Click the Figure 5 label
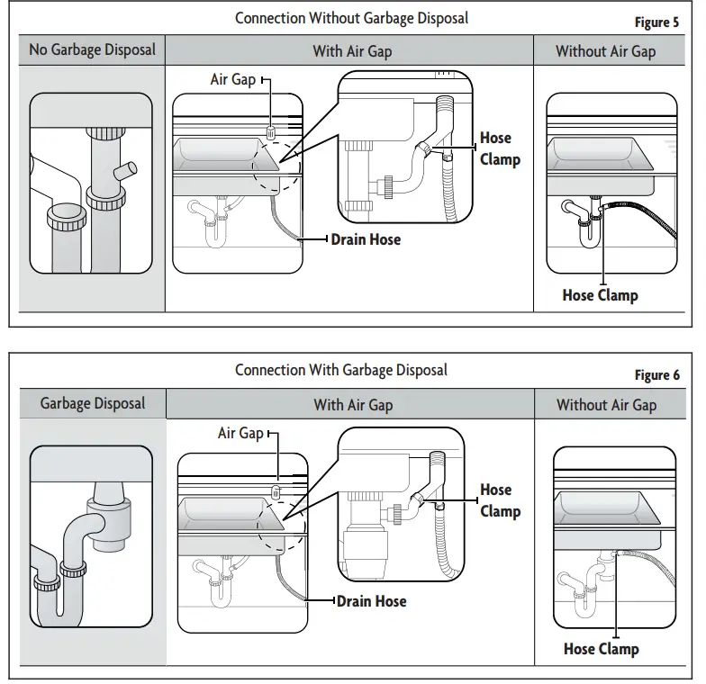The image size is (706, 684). pos(656,22)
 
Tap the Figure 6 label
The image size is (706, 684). pos(657,374)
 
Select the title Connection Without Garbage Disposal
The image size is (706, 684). pos(351,18)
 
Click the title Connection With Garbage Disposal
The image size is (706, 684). pos(341,371)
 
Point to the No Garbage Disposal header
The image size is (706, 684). pos(92,50)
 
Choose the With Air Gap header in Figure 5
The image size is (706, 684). pos(353,51)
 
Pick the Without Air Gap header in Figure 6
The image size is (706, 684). pos(607,405)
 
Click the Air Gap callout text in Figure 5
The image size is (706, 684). pos(232,79)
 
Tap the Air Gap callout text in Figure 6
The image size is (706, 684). pos(240,434)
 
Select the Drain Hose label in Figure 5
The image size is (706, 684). pos(366,239)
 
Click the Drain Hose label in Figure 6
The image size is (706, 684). pos(371,601)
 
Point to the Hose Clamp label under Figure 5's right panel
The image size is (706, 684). pos(600,295)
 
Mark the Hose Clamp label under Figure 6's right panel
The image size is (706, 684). pos(602,650)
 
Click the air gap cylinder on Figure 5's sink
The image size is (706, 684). pos(271,133)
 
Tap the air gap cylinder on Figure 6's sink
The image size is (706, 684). pos(276,491)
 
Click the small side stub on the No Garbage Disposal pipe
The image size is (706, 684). pos(125,171)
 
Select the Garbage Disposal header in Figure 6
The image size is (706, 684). pos(92,403)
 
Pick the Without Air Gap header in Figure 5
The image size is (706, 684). pos(605,51)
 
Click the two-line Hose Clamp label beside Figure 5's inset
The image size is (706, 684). pos(500,148)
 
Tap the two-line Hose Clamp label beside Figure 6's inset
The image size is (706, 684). pos(501,500)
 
